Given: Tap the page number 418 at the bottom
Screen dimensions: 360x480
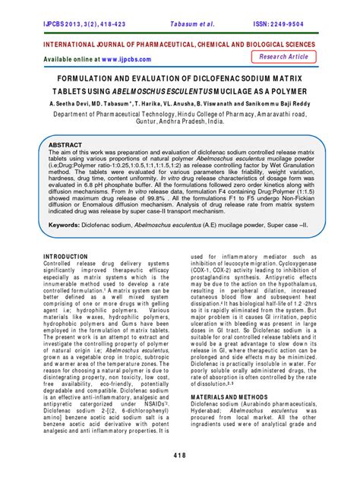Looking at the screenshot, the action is tap(179, 454).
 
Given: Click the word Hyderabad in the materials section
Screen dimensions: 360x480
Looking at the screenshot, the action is tap(210, 411).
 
